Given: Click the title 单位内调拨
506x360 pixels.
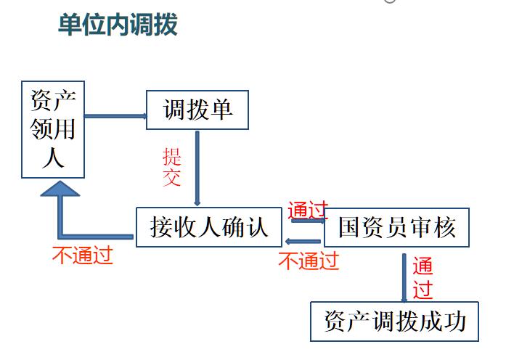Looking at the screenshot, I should (118, 24).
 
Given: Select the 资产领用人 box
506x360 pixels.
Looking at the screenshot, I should (53, 130).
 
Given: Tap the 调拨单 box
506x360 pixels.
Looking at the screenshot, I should (197, 110).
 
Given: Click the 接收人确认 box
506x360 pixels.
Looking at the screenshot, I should (209, 227).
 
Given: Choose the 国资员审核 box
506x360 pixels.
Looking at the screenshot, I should (396, 228).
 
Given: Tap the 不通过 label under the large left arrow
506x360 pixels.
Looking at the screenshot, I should (83, 256).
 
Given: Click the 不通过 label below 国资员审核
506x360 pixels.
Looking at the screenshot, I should (309, 260).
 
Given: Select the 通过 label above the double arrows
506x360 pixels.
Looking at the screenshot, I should (309, 210).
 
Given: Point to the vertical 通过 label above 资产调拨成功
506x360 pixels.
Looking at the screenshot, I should (423, 278).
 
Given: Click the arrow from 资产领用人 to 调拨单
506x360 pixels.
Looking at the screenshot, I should (115, 115).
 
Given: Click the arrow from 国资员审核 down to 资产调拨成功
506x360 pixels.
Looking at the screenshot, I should (404, 278).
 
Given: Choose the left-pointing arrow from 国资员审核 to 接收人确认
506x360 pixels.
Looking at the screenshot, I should (303, 241).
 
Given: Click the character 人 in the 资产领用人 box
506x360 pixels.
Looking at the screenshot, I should (53, 157).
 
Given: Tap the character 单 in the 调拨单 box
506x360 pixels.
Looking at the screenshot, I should (221, 110).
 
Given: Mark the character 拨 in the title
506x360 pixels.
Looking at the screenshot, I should (166, 24).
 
